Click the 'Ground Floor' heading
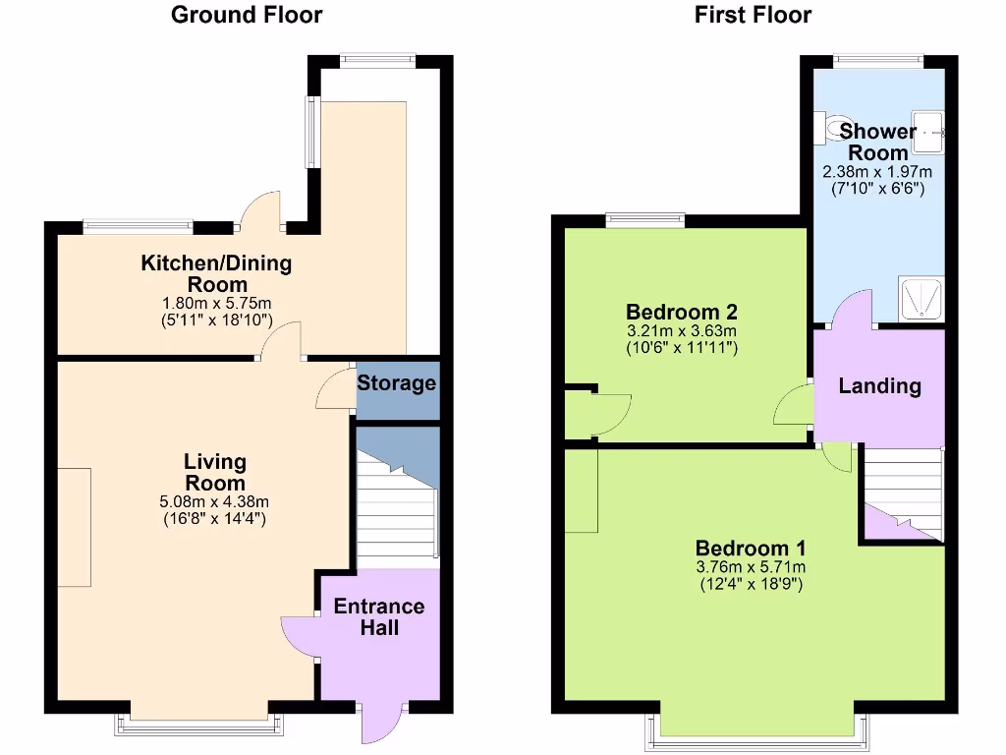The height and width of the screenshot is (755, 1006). [246, 15]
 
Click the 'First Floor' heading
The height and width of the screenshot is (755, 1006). [753, 15]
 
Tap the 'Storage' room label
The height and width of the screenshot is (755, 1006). [396, 382]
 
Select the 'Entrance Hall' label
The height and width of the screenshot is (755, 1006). [379, 616]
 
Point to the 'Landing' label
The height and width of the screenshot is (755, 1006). [879, 386]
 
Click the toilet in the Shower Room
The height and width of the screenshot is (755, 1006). [838, 128]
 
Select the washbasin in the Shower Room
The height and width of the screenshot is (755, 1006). [929, 132]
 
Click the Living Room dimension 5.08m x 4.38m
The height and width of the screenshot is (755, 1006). [214, 501]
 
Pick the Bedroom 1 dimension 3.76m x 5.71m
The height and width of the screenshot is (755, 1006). [751, 567]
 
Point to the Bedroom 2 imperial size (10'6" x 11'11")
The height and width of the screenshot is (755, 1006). [681, 347]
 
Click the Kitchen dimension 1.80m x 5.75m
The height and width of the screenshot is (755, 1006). [216, 304]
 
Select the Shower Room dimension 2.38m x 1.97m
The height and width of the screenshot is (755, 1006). [877, 172]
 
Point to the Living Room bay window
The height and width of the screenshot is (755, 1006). [200, 726]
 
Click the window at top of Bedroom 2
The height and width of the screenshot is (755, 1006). [644, 219]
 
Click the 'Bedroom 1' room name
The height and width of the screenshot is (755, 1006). [751, 548]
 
